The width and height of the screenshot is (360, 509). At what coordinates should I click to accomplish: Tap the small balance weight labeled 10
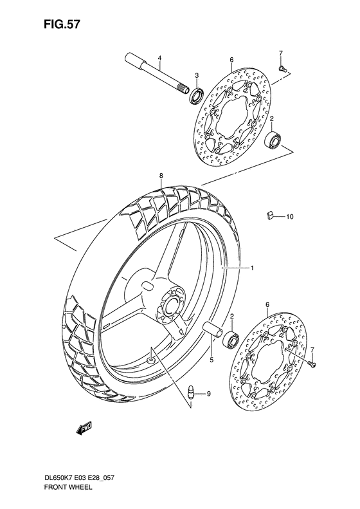[x=270, y=216]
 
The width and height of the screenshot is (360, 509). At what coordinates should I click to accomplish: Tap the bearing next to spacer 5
[x=232, y=338]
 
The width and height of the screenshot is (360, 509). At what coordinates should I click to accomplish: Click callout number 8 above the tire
[x=161, y=175]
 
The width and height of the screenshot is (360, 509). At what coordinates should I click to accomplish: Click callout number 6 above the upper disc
[x=230, y=60]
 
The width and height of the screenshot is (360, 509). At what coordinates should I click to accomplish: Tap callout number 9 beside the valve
[x=208, y=393]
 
